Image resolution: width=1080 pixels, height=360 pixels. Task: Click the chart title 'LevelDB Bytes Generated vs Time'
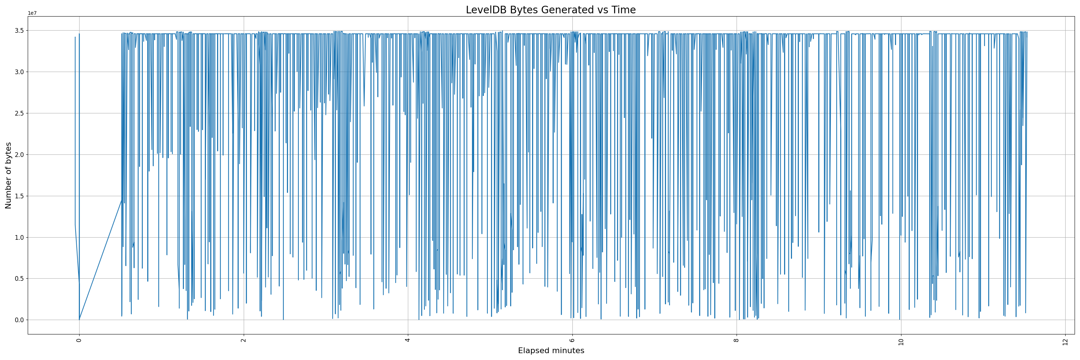click(x=550, y=10)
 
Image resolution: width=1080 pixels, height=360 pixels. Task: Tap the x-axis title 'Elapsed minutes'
click(x=551, y=351)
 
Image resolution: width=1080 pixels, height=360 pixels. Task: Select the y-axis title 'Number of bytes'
click(x=8, y=175)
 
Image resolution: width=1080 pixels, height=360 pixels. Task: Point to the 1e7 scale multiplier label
click(x=32, y=13)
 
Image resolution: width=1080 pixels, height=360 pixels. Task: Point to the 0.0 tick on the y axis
click(x=20, y=320)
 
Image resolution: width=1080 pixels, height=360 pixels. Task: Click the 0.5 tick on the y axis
click(x=20, y=279)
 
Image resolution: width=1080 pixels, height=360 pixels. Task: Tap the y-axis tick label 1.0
click(x=20, y=238)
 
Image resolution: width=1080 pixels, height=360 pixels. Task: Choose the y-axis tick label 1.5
click(x=20, y=196)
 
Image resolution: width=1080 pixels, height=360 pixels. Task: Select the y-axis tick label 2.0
click(x=20, y=155)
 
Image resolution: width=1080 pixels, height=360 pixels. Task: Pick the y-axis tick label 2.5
click(x=20, y=113)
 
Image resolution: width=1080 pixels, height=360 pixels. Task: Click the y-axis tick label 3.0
click(x=20, y=72)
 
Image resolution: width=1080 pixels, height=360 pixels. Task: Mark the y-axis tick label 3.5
click(x=20, y=31)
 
